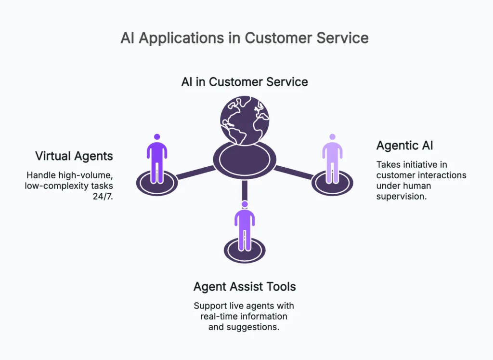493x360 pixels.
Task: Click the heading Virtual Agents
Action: pyautogui.click(x=74, y=156)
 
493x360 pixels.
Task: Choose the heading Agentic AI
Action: pyautogui.click(x=404, y=145)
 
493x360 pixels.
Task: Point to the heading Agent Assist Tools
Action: pyautogui.click(x=245, y=287)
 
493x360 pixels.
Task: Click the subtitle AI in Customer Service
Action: pyautogui.click(x=245, y=81)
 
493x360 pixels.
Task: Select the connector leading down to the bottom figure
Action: pyautogui.click(x=245, y=189)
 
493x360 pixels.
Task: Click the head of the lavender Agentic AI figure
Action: pyautogui.click(x=332, y=137)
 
